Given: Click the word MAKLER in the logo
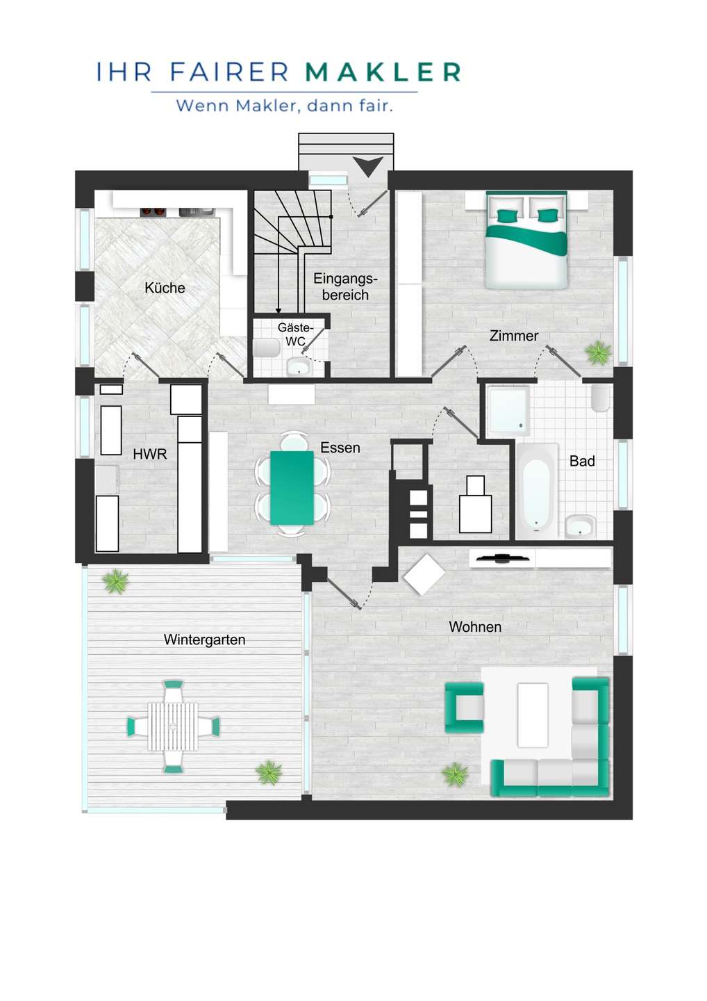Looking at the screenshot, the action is click(383, 72).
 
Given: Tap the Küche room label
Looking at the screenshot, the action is click(165, 288).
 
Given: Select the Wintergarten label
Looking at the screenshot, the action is click(204, 640).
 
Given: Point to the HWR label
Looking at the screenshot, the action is click(150, 454).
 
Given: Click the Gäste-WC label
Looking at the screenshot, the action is click(295, 334).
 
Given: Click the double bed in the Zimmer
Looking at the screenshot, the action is click(526, 240).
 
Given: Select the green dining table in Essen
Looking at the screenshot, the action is click(292, 487).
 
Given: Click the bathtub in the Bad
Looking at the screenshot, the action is click(536, 491).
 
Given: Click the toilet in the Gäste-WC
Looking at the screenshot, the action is click(265, 348).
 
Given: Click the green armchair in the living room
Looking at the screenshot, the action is click(464, 708).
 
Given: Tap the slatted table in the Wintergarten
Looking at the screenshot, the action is click(173, 726).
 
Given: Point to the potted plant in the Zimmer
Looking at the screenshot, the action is click(598, 352).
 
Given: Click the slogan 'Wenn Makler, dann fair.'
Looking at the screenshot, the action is click(284, 106).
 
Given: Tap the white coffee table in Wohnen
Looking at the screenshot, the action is click(533, 715).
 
